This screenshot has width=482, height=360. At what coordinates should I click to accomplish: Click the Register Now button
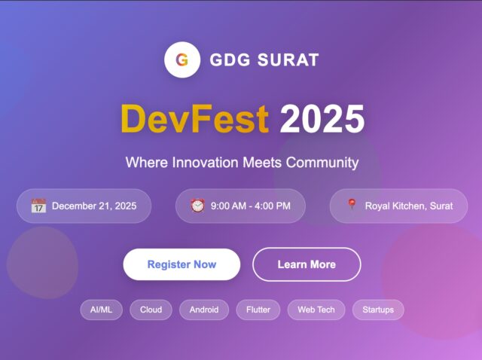point(182,264)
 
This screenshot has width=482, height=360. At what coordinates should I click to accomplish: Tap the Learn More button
point(307,264)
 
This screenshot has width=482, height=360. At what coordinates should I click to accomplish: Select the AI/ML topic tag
point(101,310)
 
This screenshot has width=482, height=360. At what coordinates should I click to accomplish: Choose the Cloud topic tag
point(151,310)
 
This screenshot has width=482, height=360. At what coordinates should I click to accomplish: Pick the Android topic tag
point(204,310)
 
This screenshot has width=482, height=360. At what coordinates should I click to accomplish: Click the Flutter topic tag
point(258,310)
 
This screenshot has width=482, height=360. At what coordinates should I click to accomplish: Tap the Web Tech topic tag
point(316,310)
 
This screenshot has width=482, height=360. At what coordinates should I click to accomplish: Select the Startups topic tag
point(378,310)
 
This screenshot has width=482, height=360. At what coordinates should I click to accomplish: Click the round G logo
point(182,59)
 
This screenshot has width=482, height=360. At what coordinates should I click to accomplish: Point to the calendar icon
point(38,206)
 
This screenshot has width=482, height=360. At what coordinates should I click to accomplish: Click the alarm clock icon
point(197,206)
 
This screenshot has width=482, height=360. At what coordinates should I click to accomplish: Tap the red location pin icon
point(352,205)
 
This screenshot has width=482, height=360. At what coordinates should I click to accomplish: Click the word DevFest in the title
point(194,119)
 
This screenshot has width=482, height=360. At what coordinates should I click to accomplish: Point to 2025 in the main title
point(322,119)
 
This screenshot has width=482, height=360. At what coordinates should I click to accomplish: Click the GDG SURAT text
point(264,59)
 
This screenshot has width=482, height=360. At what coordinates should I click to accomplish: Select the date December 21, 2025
point(94,206)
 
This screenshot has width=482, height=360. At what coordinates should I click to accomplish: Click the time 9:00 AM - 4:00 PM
point(250,206)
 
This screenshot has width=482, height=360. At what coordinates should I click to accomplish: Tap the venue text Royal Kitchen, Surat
point(409,206)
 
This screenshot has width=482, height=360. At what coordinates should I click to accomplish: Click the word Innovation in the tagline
point(206,163)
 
